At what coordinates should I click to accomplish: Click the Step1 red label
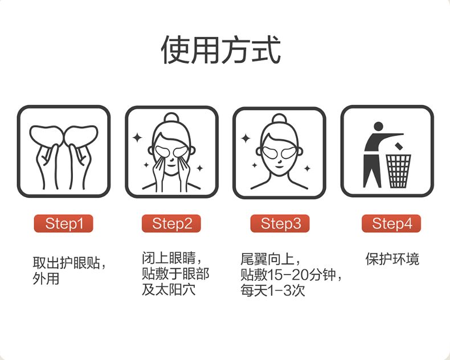[63, 223]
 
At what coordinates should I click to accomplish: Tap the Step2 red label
[171, 223]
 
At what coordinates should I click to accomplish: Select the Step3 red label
[280, 223]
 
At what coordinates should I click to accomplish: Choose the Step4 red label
[391, 223]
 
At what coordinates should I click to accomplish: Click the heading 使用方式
[220, 50]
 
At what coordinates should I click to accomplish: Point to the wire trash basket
[398, 171]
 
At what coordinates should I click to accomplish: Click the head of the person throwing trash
[378, 126]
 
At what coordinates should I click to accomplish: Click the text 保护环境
[392, 259]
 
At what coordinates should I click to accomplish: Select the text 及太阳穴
[169, 289]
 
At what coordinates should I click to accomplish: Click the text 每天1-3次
[273, 291]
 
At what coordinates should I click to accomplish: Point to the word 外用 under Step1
[46, 278]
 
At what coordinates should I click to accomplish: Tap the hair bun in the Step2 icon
[171, 118]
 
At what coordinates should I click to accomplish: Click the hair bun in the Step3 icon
[279, 119]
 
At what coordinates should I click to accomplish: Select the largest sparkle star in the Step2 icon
[137, 138]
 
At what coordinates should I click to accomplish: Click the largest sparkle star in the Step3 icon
[246, 138]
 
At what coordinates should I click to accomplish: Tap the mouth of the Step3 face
[279, 167]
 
